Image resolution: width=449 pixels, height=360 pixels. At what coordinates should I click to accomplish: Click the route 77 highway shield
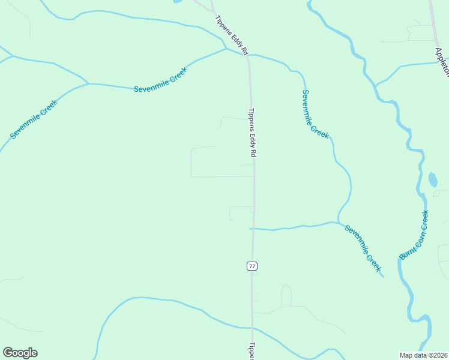pos(252,266)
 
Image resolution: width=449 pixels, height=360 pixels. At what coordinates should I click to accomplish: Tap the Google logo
pos(20,353)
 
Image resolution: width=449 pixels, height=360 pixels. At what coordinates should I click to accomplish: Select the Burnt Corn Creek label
pos(414,235)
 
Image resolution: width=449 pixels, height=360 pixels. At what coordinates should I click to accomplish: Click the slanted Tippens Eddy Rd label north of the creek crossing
pos(231,35)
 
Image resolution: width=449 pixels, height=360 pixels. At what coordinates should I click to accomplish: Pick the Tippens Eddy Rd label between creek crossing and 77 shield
pos(252,133)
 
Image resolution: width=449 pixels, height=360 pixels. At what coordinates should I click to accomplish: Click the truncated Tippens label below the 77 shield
pos(252,351)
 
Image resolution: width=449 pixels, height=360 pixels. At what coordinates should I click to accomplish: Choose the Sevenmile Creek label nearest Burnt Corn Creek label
pos(363,247)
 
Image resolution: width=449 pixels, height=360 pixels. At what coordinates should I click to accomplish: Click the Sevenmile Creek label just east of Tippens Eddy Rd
pos(315,114)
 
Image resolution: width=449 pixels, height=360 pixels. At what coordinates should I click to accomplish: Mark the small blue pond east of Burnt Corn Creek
pos(433,179)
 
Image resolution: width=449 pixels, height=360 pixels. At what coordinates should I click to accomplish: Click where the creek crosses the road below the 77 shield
pos(252,328)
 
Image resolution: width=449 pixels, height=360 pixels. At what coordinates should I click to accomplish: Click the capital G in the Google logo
pos(8,353)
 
